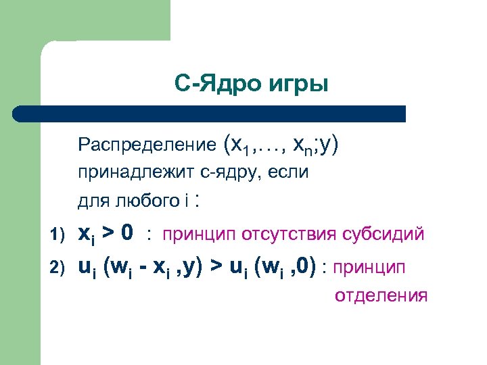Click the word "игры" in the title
click(300, 85)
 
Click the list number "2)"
click(57, 269)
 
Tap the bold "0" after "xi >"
click(127, 233)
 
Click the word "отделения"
click(381, 295)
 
